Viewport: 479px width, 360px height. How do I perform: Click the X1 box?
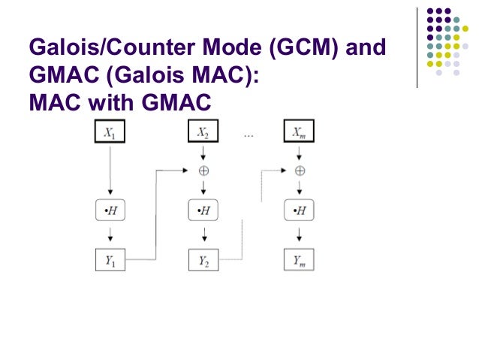(110, 132)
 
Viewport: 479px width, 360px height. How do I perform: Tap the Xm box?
(299, 132)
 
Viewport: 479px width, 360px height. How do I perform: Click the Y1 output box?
(110, 260)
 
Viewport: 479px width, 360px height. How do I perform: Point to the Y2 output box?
(203, 260)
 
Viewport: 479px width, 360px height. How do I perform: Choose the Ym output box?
(299, 260)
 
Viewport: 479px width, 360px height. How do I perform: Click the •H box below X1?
(110, 210)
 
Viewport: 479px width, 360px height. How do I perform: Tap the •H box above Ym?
(299, 210)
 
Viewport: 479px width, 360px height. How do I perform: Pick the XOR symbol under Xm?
(299, 171)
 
